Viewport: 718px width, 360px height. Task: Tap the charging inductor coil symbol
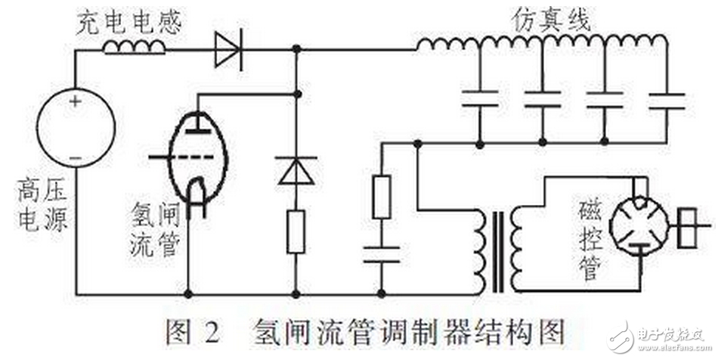point(134,48)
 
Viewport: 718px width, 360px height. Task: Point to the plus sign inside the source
point(76,101)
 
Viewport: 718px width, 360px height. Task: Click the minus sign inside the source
point(76,157)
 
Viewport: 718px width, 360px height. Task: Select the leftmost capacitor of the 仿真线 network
point(480,98)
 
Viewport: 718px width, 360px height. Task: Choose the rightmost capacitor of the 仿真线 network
point(667,98)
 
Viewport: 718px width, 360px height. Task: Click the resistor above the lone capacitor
point(382,197)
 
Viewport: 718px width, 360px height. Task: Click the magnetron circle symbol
point(638,223)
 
